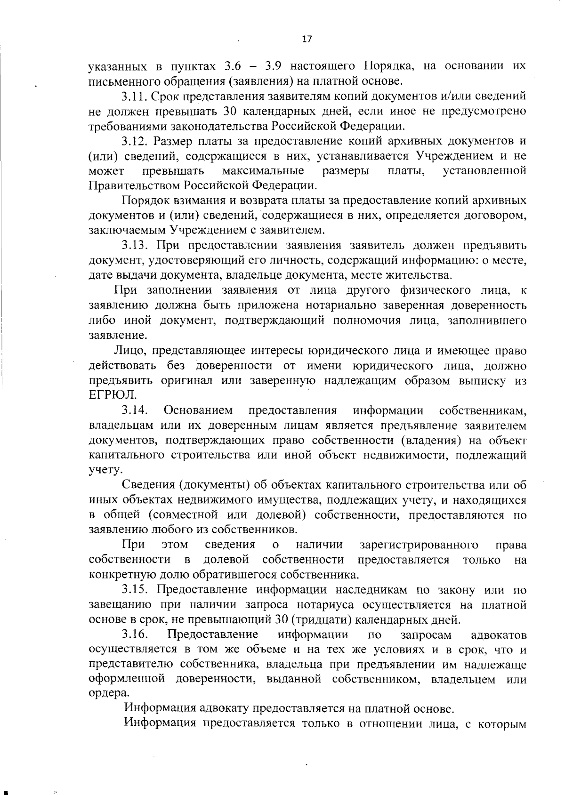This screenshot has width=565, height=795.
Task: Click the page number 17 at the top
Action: coord(307,40)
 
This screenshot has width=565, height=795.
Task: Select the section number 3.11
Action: coord(136,96)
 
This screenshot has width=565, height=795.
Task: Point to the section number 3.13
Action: coord(136,245)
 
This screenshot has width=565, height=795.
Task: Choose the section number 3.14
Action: coord(135,410)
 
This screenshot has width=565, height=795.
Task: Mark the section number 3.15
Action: coord(136,590)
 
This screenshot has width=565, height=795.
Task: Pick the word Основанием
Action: coord(198,410)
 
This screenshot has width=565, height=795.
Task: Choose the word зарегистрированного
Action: coord(419,545)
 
